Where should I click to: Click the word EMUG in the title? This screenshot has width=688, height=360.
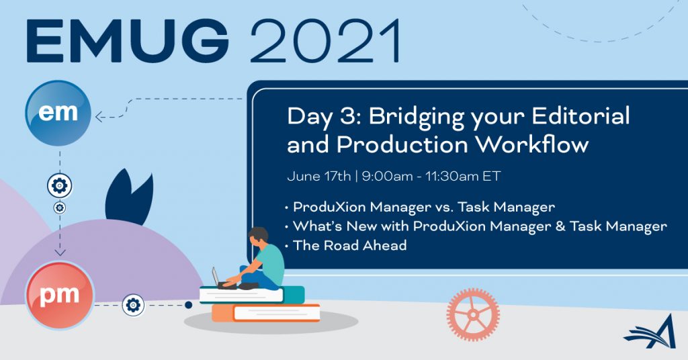(x=127, y=41)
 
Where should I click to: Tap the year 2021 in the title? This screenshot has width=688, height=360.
(x=325, y=41)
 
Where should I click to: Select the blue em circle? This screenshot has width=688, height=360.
(x=58, y=113)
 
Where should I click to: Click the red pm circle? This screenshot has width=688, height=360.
(x=60, y=295)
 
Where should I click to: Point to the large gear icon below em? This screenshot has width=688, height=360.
(x=60, y=186)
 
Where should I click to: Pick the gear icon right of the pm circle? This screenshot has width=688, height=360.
(x=133, y=305)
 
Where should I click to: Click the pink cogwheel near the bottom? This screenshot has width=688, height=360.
(x=473, y=314)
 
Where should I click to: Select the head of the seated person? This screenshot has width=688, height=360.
(x=259, y=237)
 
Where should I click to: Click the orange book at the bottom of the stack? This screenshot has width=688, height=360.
(x=266, y=313)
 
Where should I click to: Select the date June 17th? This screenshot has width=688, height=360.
(x=319, y=176)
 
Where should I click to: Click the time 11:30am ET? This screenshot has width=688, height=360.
(x=463, y=176)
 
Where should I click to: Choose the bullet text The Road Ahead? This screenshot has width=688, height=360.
(x=349, y=245)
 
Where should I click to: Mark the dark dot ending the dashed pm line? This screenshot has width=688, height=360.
(x=188, y=305)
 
